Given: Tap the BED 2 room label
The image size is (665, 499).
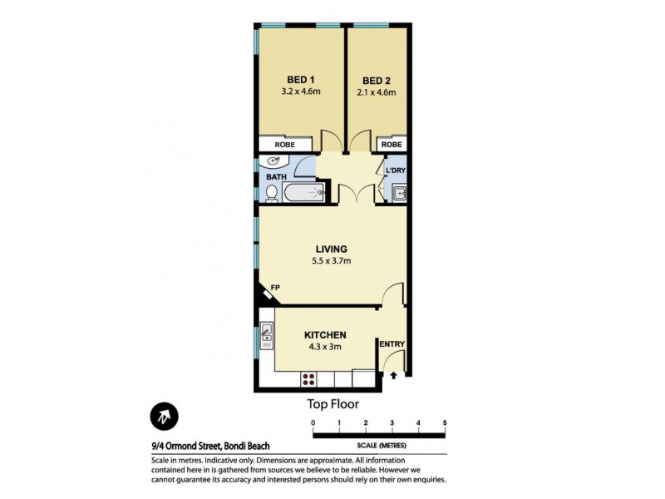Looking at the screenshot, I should [377, 81].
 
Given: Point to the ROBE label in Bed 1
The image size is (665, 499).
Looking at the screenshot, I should [285, 145].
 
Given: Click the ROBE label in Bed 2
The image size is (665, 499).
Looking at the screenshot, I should [392, 145].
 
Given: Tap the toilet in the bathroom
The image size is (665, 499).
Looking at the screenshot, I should [271, 193].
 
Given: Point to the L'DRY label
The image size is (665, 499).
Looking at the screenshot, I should [395, 171].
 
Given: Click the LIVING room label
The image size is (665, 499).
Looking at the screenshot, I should [331, 249].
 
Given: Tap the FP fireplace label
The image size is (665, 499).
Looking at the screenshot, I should [274, 288].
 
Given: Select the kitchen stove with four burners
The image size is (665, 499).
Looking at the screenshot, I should [308, 379].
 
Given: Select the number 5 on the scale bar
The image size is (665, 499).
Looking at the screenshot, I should [445, 423].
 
